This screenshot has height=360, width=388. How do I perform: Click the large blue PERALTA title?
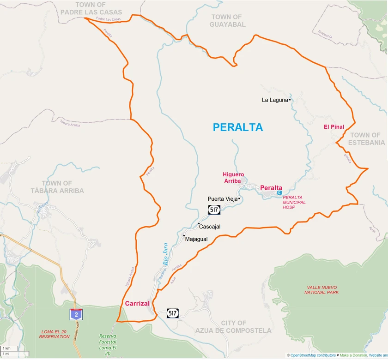tap(237, 127)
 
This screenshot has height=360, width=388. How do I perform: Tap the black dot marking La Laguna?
tap(290, 100)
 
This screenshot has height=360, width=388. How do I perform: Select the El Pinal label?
tap(333, 127)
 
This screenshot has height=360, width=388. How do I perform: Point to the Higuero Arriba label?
tap(233, 178)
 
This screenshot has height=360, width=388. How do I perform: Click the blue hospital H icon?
tap(279, 193)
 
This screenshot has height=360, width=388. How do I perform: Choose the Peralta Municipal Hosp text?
tap(294, 203)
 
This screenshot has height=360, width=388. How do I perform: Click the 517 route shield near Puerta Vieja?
tap(214, 210)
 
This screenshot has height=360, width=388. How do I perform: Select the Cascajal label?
tap(210, 227)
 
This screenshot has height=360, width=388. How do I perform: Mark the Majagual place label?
tap(196, 239)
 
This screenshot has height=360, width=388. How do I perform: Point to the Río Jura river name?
tap(165, 253)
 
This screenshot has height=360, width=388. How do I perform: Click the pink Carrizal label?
tap(137, 303)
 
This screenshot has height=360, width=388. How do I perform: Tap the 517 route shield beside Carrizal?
tap(173, 313)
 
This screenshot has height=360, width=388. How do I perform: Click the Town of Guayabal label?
tap(227, 20)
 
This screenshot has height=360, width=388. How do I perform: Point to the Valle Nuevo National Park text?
tap(321, 289)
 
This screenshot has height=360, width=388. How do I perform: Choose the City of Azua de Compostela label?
tap(233, 326)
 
